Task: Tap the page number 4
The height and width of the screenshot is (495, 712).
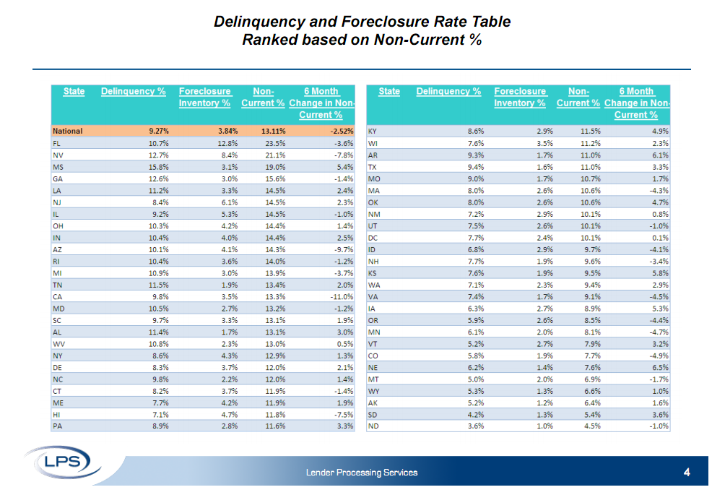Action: [687, 473]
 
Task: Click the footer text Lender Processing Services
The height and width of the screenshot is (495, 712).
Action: [361, 473]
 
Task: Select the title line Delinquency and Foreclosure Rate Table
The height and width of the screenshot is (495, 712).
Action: [362, 22]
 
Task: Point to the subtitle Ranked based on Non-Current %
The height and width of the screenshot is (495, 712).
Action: [362, 40]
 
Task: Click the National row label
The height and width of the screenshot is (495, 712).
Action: [68, 132]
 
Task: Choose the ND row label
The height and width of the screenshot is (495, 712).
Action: [374, 426]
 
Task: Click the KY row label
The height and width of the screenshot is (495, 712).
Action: [373, 132]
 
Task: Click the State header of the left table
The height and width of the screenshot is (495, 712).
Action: [74, 92]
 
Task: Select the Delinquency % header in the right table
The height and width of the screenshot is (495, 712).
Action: [448, 92]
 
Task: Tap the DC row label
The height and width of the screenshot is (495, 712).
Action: [374, 238]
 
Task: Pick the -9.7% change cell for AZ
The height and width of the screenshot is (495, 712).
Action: [342, 249]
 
